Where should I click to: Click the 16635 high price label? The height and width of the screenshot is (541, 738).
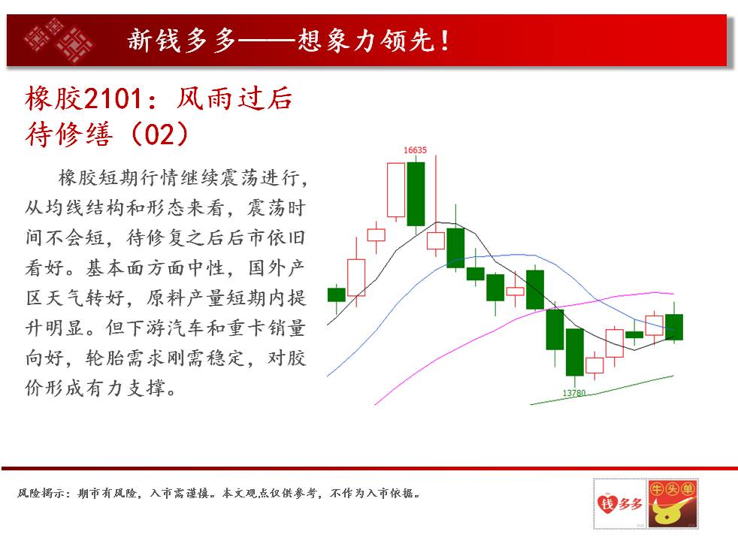click(x=415, y=150)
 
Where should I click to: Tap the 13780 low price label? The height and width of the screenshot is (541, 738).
click(x=574, y=393)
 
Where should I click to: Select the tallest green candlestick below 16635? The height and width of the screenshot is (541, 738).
click(x=416, y=194)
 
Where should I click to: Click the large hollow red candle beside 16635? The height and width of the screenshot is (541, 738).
click(x=396, y=190)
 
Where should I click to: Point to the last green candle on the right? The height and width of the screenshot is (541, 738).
click(x=674, y=327)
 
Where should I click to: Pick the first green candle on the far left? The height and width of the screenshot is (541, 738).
click(x=337, y=295)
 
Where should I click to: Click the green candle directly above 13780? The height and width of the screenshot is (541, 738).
click(x=575, y=352)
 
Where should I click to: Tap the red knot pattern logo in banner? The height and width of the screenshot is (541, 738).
click(x=59, y=40)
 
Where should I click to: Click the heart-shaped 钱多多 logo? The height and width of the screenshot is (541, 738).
click(x=620, y=504)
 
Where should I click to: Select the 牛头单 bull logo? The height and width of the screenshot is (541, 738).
click(x=673, y=504)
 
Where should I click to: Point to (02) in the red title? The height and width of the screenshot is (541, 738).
click(x=159, y=134)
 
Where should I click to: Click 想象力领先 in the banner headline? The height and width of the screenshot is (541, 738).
click(x=366, y=41)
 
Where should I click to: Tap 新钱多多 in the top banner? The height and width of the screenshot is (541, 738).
click(x=182, y=41)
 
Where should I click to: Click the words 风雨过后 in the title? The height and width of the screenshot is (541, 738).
click(x=234, y=98)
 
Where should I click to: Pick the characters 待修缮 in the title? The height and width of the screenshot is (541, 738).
click(x=69, y=134)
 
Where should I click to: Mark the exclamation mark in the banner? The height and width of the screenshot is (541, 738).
click(x=444, y=41)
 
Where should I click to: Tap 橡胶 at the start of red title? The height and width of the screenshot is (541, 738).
click(x=54, y=98)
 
